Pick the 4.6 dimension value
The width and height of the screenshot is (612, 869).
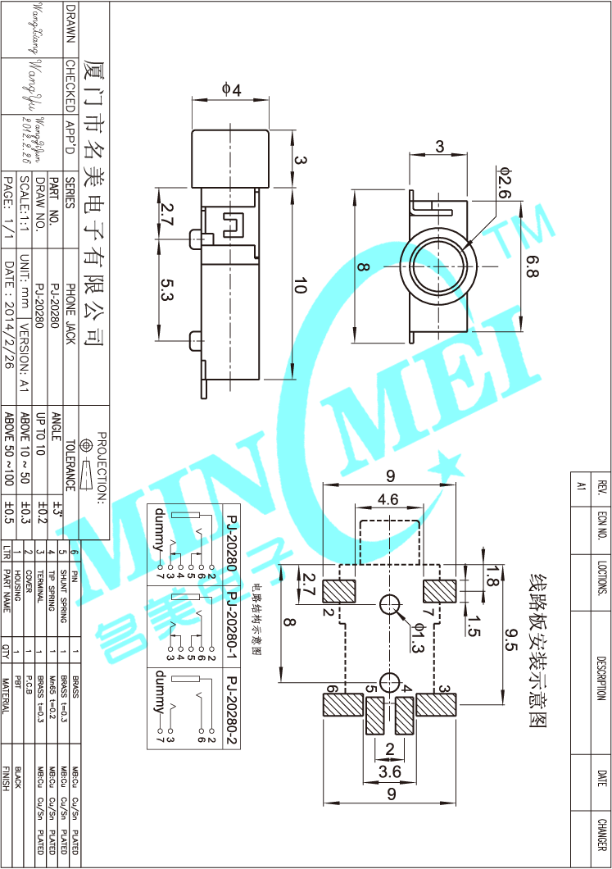(x=388, y=498)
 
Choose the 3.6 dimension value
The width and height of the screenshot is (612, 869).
(x=389, y=771)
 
